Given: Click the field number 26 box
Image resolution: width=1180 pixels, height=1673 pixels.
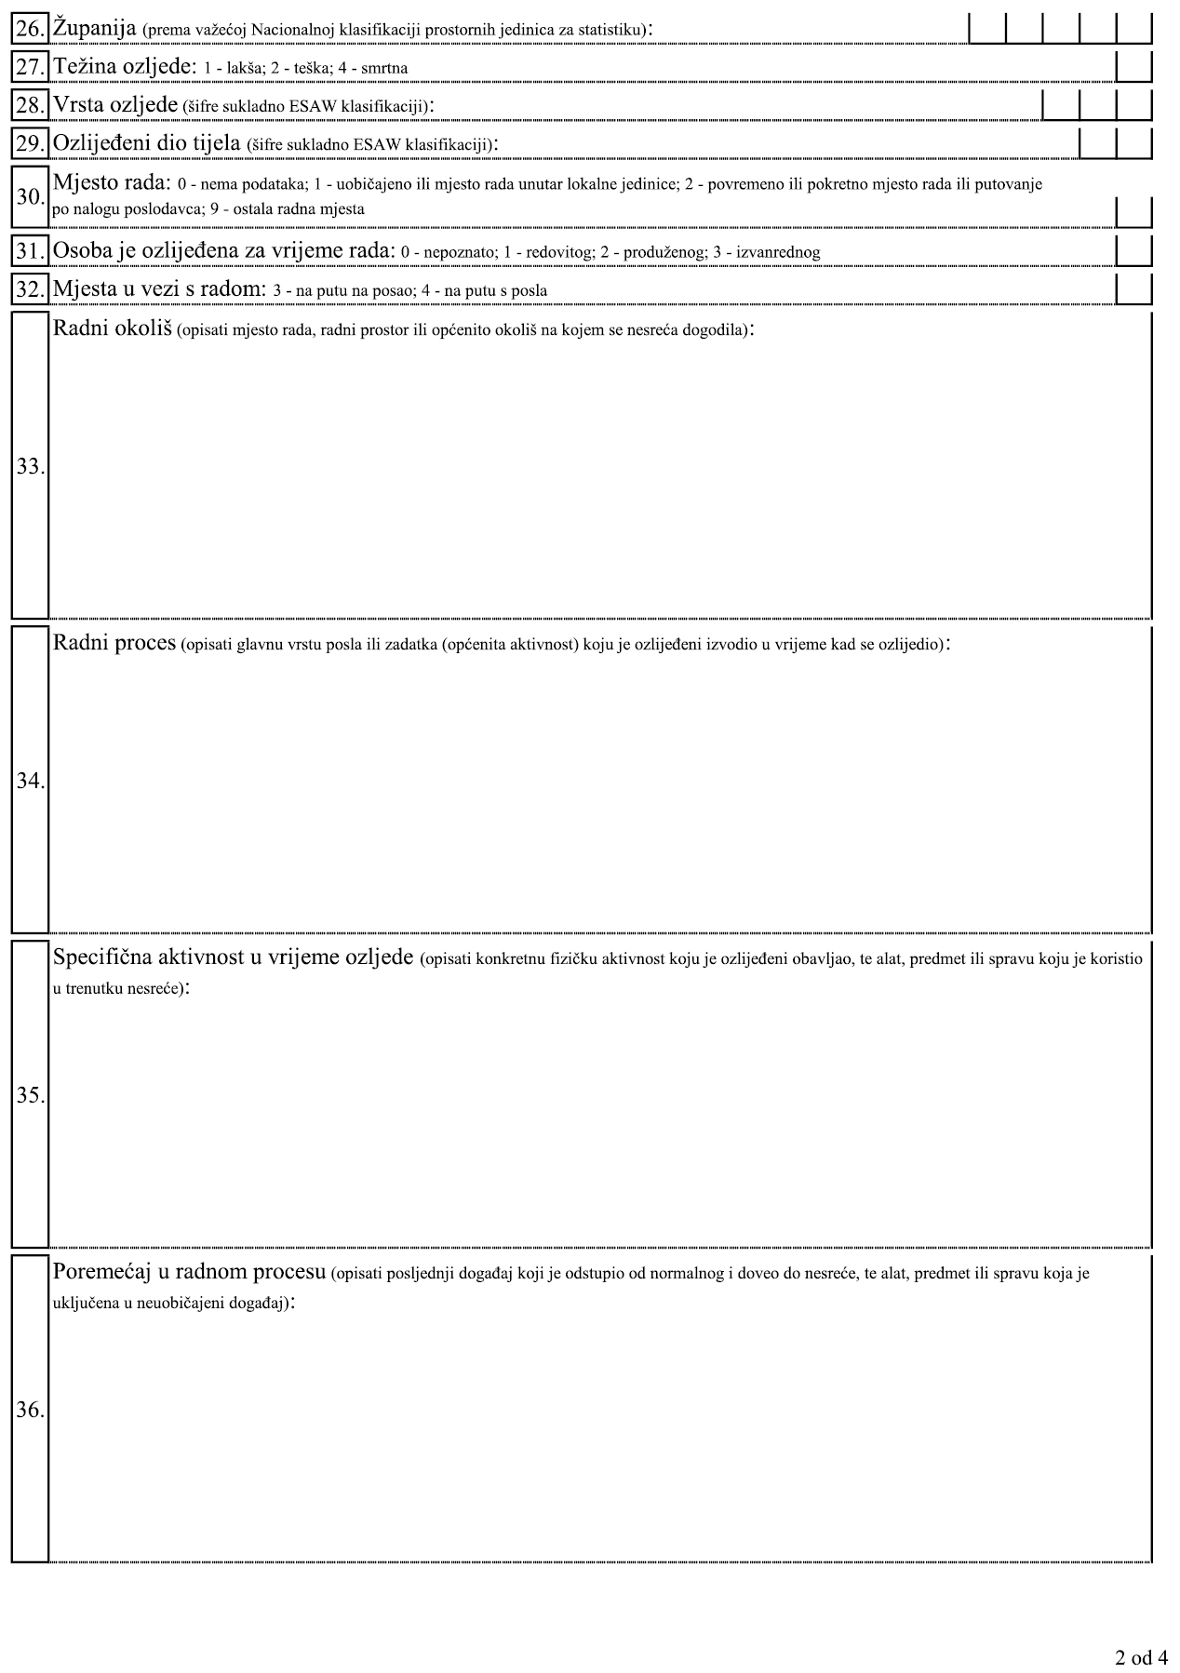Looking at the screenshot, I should [30, 31].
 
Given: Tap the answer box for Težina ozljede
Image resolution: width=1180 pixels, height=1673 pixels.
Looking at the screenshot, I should [1133, 68].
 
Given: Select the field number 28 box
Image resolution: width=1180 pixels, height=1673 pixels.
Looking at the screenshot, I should [30, 105].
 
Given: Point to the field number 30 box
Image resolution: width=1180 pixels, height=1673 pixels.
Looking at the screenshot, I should [30, 197].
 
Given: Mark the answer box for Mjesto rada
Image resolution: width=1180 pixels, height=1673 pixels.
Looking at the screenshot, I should [1133, 210].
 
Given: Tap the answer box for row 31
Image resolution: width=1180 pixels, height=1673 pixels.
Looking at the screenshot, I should [1133, 251].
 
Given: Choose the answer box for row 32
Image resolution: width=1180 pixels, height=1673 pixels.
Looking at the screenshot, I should [1133, 289].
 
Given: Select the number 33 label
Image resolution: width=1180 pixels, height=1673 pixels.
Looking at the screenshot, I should [30, 467].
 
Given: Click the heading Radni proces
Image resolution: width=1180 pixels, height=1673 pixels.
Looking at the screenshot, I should [114, 643].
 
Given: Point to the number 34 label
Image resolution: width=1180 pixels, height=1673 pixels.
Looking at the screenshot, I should [30, 781].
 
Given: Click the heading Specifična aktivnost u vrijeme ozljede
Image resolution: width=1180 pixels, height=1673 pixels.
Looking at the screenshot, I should [233, 957].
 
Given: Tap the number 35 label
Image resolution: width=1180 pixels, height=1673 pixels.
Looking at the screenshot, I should [30, 1095].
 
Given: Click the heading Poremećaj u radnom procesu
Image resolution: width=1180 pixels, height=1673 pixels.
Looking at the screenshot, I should [188, 1272].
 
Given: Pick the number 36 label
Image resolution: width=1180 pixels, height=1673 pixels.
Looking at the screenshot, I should [30, 1410].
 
